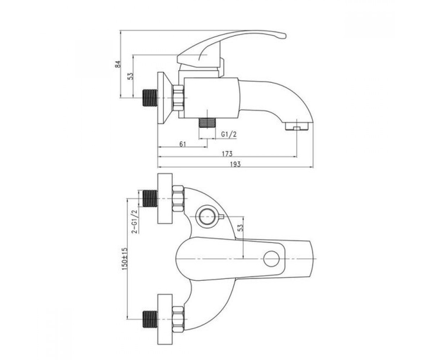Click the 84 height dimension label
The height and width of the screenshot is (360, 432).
coord(118,64)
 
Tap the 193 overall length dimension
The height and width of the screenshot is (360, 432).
coord(235,164)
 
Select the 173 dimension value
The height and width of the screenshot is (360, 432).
coord(227,154)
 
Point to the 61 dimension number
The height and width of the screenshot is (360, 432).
coord(183,144)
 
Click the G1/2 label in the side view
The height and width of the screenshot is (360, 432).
coord(229,135)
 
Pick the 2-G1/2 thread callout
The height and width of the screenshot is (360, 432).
coord(135,222)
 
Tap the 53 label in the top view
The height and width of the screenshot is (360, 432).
coord(240,228)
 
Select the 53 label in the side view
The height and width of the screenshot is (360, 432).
coord(130,76)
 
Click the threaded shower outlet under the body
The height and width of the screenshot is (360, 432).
coord(207,123)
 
